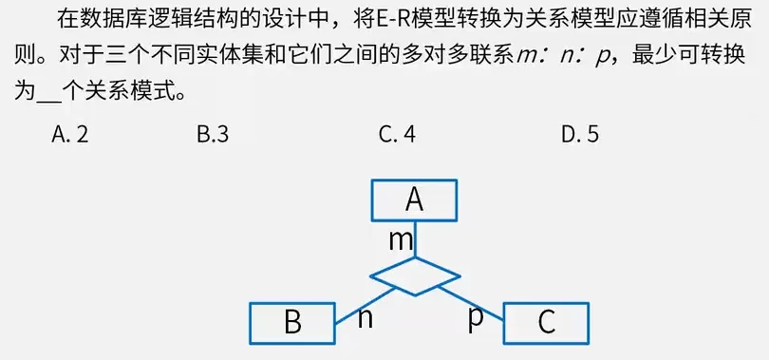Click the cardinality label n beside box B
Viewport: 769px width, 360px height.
[365, 318]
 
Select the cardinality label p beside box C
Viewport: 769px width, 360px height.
[476, 320]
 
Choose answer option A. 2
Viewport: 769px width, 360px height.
[70, 135]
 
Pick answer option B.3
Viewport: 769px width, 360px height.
[213, 135]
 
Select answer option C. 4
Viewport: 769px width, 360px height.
[397, 135]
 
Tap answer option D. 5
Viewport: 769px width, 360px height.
[580, 135]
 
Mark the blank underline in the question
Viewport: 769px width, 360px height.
[48, 100]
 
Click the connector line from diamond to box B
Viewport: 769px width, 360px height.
[366, 306]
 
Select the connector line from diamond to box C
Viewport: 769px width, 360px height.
[470, 304]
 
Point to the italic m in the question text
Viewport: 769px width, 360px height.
[527, 58]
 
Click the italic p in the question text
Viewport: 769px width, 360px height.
[600, 59]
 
